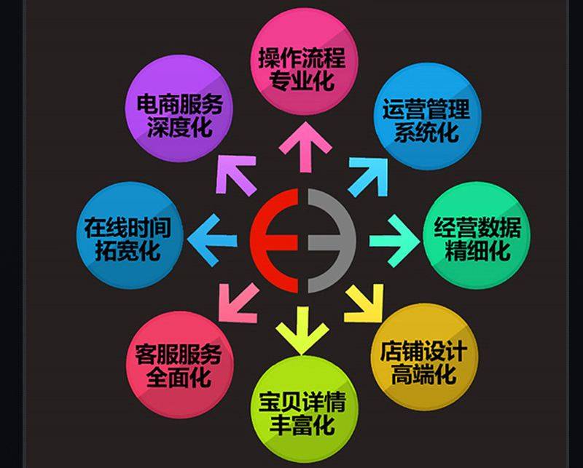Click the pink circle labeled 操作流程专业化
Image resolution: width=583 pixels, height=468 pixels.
coord(304,62)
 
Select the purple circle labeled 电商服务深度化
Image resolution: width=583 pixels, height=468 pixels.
coord(179,108)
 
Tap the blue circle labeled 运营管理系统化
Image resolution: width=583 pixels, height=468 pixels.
coord(428,116)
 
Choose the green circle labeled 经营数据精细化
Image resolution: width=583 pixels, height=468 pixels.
coord(477,235)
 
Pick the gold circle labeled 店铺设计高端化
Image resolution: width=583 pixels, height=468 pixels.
coord(424,357)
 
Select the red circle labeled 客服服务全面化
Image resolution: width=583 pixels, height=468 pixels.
coord(179,364)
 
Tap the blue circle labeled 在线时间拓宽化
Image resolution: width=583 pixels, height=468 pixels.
coord(130,235)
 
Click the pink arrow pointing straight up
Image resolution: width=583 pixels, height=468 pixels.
coord(305,147)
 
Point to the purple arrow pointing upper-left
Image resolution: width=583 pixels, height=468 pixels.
coord(236,175)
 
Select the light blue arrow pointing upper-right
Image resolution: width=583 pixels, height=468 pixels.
coord(368,177)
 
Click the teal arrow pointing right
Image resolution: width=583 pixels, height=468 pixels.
coord(394,241)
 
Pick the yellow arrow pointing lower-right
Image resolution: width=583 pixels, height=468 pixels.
coord(364,303)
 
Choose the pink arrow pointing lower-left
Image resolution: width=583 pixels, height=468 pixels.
coord(239,303)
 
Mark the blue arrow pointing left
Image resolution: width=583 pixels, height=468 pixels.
coord(212,240)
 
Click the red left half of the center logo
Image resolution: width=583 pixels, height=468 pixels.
coord(274,241)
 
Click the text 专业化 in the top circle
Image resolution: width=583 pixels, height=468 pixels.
coord(301,80)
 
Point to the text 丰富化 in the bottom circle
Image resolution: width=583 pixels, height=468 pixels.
coord(302,425)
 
